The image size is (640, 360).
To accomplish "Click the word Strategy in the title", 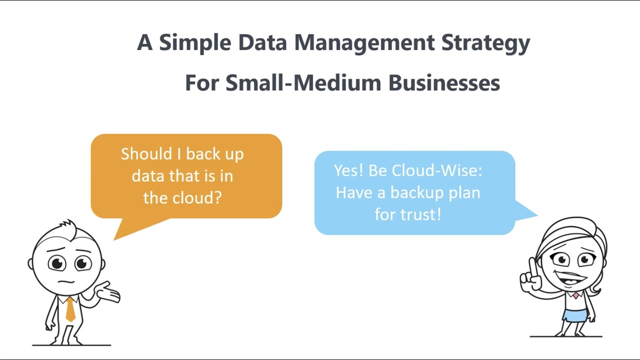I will click(485, 43).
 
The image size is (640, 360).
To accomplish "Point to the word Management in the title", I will click(364, 43).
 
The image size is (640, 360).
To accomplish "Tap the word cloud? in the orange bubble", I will click(197, 197).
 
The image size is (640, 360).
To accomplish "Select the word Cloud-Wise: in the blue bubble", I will click(437, 170).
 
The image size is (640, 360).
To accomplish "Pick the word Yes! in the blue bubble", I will click(348, 170).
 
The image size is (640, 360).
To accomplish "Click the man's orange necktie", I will click(70, 309).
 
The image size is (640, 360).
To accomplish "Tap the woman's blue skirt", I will click(574, 315).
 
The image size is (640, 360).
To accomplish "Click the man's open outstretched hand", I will click(110, 292).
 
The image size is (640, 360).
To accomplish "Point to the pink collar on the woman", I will click(575, 295).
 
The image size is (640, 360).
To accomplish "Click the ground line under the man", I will click(71, 345).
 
